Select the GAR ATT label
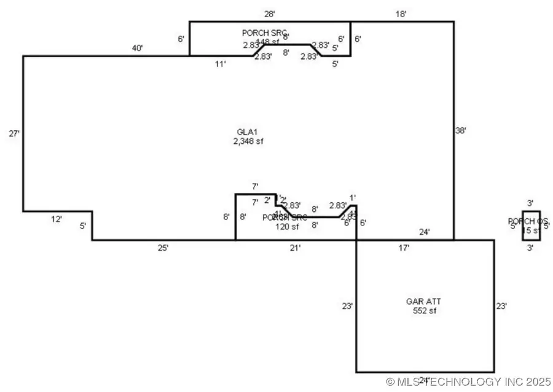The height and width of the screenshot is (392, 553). coord(423,302)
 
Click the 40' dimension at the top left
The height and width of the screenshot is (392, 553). coord(137,48)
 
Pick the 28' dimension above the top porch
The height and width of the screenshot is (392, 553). coord(269,13)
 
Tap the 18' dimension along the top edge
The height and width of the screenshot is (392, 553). coord(401,13)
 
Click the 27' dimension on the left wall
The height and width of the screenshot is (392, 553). coord(15,133)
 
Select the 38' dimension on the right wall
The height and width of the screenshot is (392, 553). coord(461,130)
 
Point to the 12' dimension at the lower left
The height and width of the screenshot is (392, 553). coord(57,219)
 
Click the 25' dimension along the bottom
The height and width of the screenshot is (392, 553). coord(163,248)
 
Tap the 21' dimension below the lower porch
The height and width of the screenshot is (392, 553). coord(296,248)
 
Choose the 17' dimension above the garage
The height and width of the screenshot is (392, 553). coord(404,248)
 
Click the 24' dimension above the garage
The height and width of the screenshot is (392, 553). coord(425,232)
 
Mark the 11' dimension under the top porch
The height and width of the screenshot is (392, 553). coord(221,64)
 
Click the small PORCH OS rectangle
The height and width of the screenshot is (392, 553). coord(531,226)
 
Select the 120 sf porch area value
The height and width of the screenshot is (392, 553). coord(286,227)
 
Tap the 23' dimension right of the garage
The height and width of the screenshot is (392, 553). coord(501,305)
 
